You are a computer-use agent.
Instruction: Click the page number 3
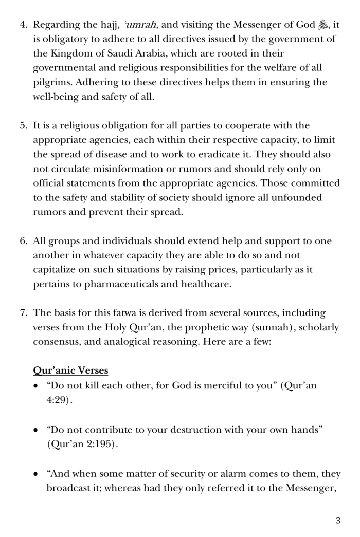[338, 521]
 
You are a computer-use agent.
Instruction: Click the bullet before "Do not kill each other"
[36, 386]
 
